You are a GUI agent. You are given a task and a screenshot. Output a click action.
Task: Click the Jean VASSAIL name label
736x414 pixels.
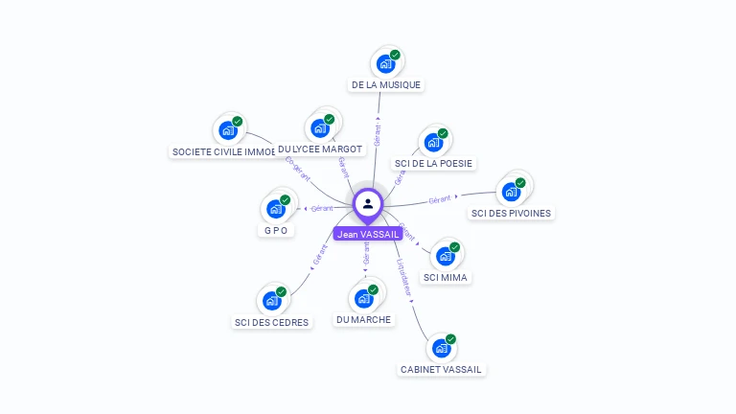(368, 234)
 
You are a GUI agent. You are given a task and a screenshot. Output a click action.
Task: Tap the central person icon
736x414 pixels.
(368, 203)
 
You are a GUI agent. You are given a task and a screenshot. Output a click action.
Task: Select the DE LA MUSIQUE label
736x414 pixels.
(385, 84)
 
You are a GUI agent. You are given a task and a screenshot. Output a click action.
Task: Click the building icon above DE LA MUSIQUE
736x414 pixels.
(385, 64)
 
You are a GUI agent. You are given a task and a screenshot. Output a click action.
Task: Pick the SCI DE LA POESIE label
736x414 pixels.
(434, 163)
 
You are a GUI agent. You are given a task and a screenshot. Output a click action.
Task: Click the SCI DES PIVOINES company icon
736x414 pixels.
(511, 192)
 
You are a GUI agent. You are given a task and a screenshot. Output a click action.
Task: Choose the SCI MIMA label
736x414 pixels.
(447, 277)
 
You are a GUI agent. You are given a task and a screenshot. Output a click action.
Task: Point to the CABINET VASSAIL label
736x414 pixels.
(442, 369)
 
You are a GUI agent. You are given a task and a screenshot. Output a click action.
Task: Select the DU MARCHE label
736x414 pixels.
(364, 319)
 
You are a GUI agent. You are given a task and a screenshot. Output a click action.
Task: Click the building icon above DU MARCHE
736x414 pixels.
(364, 299)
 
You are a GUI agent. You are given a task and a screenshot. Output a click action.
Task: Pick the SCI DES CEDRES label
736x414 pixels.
(272, 322)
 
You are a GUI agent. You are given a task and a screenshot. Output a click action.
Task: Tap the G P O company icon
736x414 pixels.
(276, 209)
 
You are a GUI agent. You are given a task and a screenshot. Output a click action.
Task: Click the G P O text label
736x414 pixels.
(276, 230)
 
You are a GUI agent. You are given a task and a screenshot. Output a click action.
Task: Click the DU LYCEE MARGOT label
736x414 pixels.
(320, 149)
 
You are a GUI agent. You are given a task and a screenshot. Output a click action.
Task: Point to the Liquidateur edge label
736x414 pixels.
(405, 275)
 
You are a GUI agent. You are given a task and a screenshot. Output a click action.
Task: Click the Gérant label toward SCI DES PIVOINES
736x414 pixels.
(440, 199)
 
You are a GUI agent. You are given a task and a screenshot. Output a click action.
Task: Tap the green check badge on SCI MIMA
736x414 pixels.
(454, 247)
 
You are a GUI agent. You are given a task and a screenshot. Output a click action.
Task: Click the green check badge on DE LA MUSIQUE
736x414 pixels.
(395, 55)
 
